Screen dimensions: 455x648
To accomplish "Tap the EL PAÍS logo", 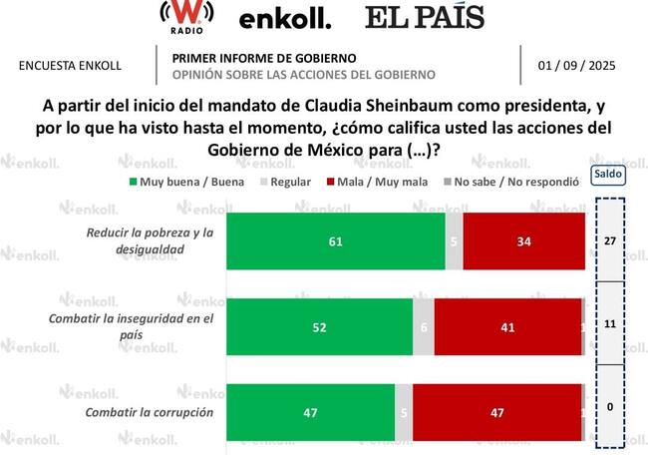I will [424, 17].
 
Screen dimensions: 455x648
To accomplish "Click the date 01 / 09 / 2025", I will [576, 66].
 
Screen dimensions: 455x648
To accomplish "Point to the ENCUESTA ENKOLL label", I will [71, 66].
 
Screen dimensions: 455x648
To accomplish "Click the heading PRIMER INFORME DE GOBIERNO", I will [263, 58].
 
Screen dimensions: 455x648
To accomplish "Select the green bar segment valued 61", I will [336, 240].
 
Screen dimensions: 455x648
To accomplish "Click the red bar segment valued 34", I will [523, 240].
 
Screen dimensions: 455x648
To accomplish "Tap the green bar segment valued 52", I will [319, 326].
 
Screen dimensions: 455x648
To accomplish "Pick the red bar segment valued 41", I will [507, 326].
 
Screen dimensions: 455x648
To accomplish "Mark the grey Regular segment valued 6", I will [424, 326].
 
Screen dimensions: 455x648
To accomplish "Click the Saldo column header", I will [607, 173].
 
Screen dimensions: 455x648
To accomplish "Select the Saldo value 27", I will [607, 240].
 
